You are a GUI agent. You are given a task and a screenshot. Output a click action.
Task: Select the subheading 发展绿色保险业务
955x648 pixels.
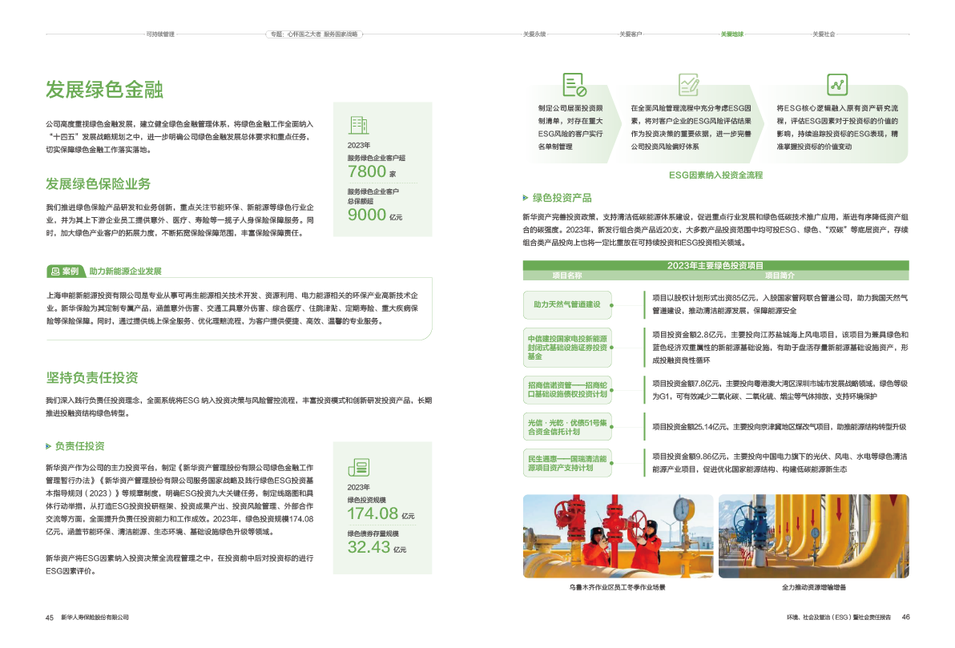tap(98, 184)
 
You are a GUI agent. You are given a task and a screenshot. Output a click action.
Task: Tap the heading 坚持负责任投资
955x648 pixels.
tap(91, 377)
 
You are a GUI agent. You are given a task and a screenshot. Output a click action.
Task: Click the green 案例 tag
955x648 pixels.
tap(64, 271)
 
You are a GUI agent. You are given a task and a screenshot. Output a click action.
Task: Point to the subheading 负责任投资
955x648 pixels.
tap(79, 445)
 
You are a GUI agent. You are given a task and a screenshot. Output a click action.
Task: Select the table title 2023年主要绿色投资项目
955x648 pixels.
tap(715, 265)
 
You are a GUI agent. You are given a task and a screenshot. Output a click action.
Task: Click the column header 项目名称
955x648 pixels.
tap(566, 275)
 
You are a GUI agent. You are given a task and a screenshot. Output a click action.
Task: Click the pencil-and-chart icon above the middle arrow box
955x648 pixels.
tap(688, 83)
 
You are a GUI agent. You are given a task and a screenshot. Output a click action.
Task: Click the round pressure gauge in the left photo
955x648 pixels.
tap(682, 509)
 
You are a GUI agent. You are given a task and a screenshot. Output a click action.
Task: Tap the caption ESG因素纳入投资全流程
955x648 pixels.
tap(715, 174)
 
